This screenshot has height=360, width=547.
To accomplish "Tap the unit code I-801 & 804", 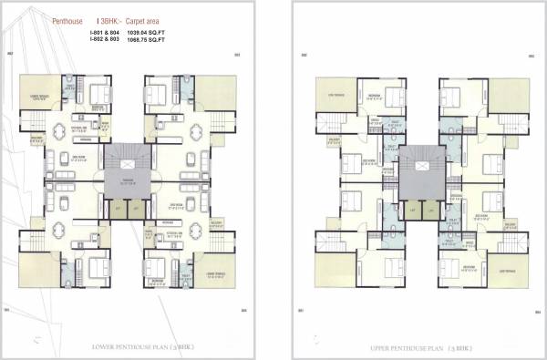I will pyautogui.click(x=105, y=34).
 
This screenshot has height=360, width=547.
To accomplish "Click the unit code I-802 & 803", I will pyautogui.click(x=105, y=41).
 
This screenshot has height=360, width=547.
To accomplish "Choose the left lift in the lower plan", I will pyautogui.click(x=119, y=208).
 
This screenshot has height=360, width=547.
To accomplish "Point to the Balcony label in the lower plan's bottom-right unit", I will pyautogui.click(x=216, y=223).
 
